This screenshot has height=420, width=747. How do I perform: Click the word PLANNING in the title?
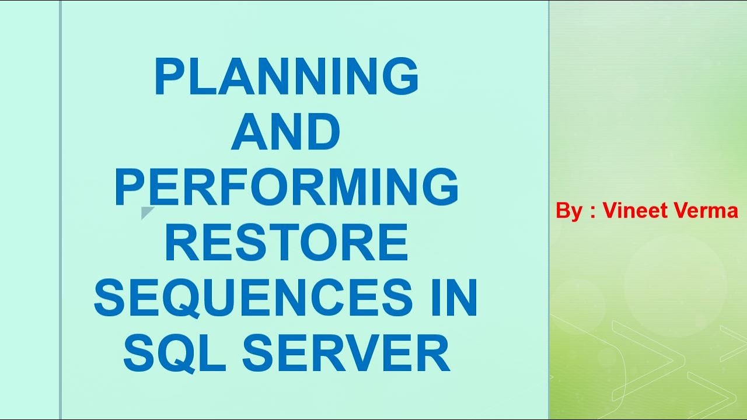287,78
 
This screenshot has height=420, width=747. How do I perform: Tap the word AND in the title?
286,133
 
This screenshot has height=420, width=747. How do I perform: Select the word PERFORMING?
286,187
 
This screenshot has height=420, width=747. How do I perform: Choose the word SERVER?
346,353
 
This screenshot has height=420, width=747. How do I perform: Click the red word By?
569,211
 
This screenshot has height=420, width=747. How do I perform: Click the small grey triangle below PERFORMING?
146,212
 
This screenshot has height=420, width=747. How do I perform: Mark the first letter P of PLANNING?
167,78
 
